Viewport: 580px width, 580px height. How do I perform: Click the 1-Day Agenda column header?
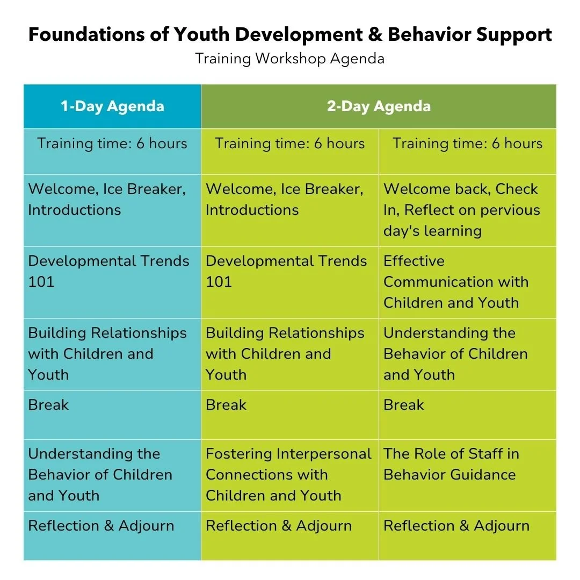coord(112,106)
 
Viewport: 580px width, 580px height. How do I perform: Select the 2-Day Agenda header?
coord(379,106)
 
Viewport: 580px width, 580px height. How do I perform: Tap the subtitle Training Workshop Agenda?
coord(289,58)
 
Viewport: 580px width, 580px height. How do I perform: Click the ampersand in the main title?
coord(375,35)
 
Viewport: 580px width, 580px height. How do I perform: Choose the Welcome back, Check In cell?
coord(461,209)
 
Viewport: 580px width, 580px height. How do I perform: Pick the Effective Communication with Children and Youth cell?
coord(455,282)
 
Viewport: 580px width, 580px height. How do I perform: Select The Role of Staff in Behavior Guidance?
coord(451,464)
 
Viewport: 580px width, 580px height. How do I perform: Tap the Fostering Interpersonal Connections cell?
coord(289,474)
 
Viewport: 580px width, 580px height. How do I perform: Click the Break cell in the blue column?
coord(48,404)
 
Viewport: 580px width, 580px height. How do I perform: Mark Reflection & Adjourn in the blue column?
coord(101,525)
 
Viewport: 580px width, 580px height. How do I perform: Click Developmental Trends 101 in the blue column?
coord(108,271)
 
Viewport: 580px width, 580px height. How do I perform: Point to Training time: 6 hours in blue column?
coord(112,143)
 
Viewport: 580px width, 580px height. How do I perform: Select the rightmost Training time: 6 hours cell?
coord(467,143)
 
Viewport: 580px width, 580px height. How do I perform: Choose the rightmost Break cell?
coord(404,404)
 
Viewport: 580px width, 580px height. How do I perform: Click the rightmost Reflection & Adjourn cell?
coord(456,525)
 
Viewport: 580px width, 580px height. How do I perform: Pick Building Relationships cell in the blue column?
coord(107,353)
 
